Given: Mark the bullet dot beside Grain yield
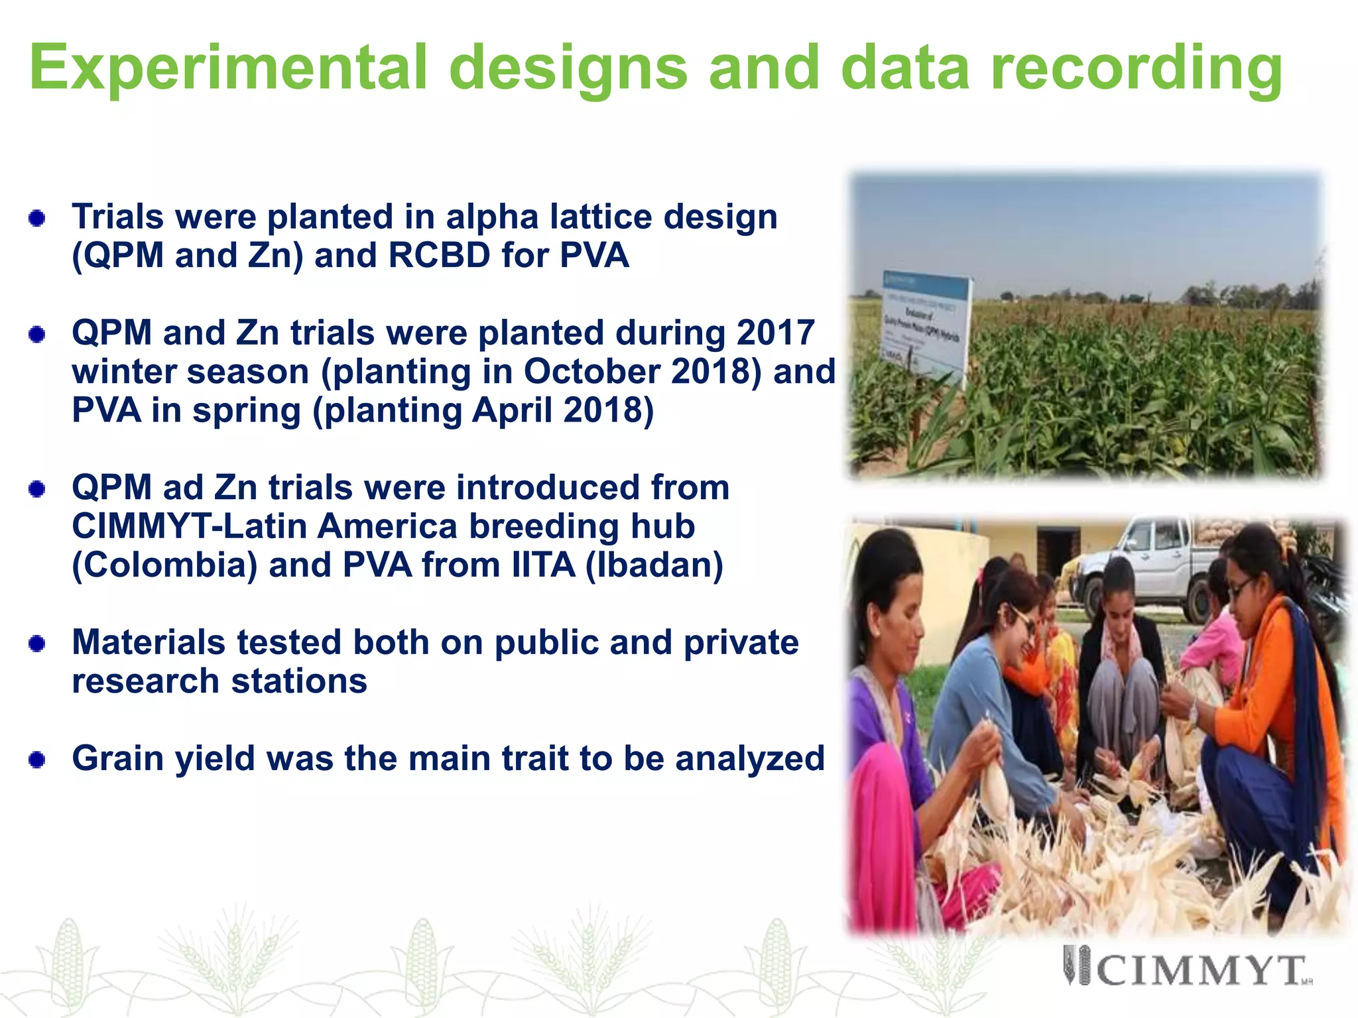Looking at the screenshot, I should coord(37,759).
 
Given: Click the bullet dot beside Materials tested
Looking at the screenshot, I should coord(37,643).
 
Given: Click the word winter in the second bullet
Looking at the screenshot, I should coord(123,372).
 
